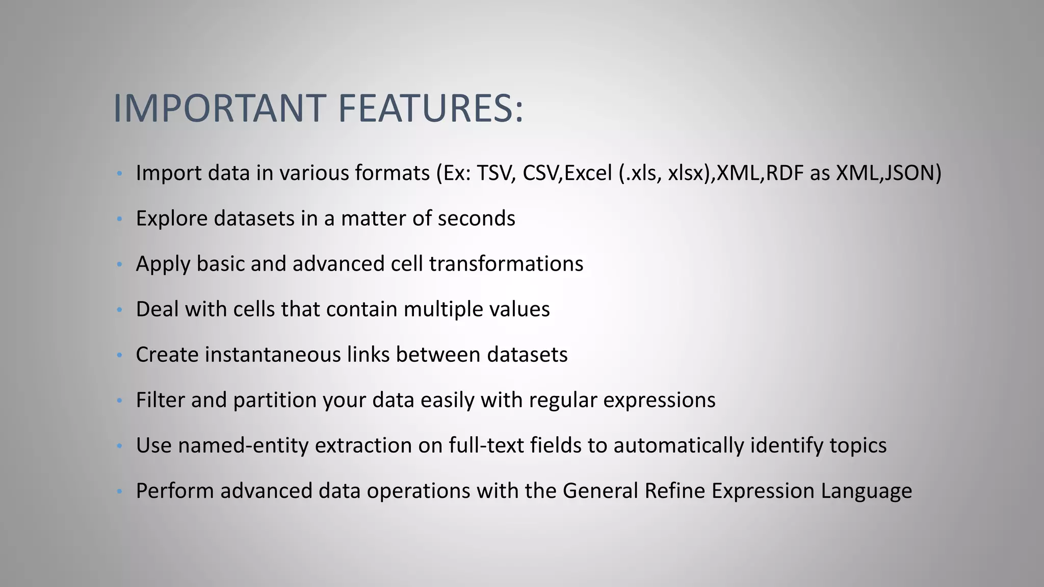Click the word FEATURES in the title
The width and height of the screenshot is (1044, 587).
click(430, 108)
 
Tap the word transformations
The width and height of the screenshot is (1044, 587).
click(506, 264)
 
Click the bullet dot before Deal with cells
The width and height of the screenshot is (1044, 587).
click(119, 310)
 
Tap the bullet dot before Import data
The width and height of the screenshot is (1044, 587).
click(119, 174)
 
